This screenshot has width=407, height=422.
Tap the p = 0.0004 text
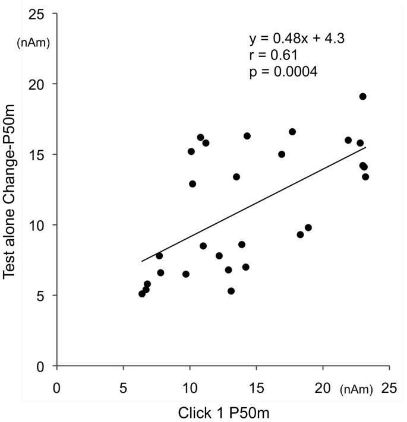283,72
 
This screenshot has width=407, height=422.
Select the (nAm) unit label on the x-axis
356,389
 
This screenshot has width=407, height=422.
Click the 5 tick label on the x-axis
123,388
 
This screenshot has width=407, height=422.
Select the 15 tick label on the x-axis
256,388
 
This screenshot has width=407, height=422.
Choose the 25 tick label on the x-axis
389,388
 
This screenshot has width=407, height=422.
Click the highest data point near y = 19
362,97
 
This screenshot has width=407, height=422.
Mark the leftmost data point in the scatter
142,294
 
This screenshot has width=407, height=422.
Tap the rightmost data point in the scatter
365,177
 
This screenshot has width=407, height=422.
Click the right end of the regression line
365,148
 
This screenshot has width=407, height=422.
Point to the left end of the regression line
141,261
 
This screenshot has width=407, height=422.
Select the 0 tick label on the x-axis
56,388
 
